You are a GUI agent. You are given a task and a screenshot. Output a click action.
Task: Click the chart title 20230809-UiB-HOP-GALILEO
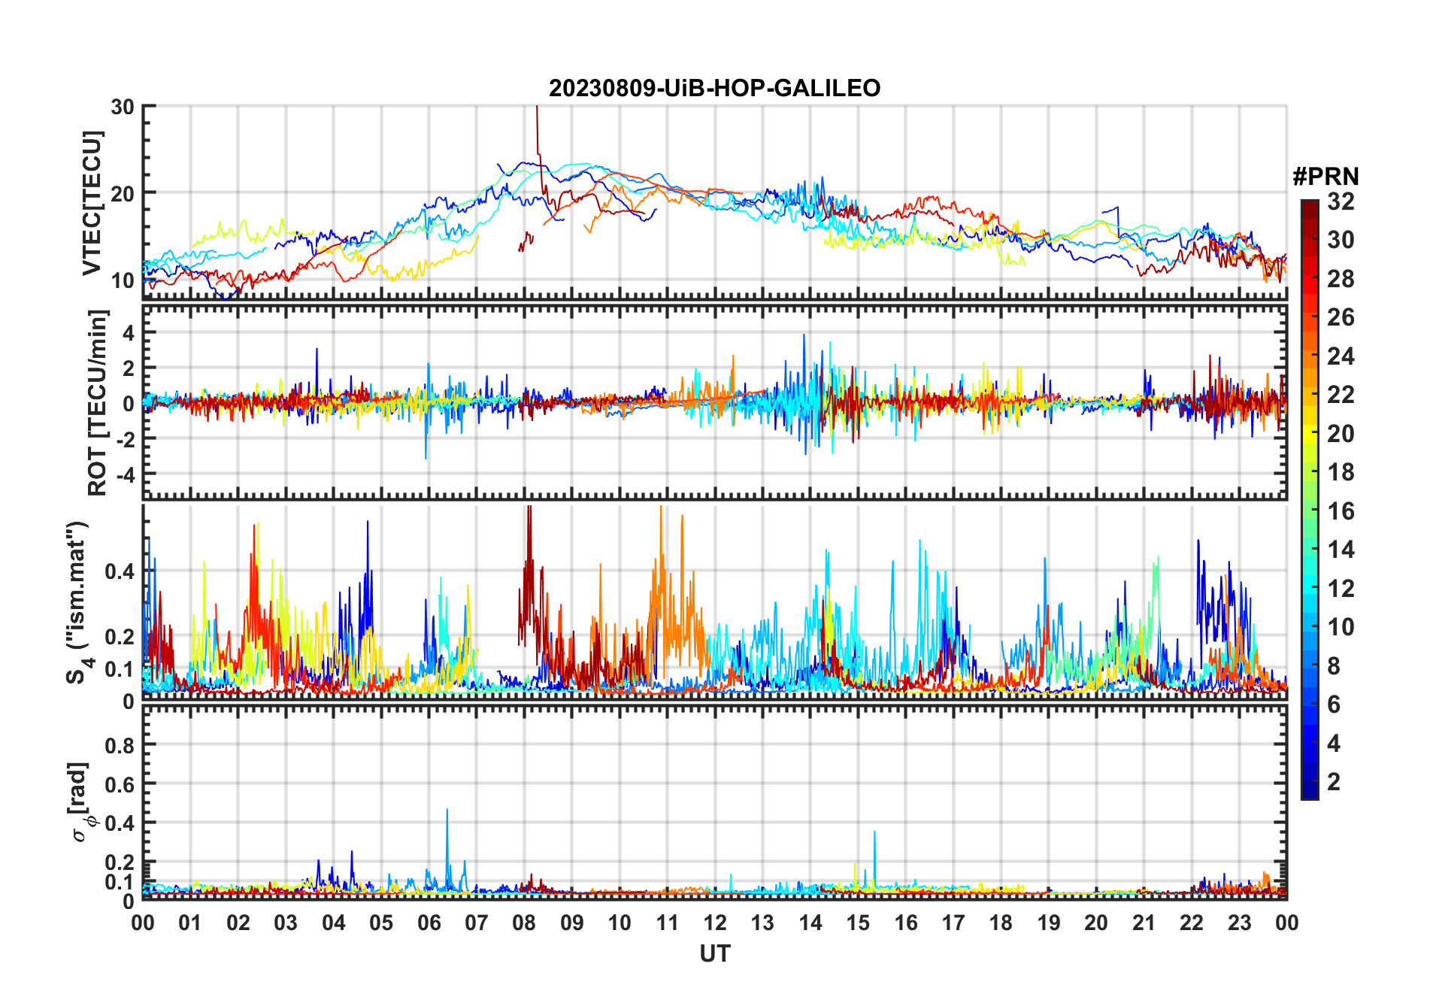[x=714, y=89]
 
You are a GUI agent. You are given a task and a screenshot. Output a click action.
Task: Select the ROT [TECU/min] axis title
[x=98, y=402]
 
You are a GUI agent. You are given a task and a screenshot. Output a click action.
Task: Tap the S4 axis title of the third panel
[x=78, y=602]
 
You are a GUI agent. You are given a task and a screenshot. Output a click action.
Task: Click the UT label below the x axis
[x=714, y=954]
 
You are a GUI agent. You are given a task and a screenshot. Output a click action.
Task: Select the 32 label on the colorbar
[x=1341, y=202]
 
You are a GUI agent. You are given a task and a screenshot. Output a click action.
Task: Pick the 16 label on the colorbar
[x=1341, y=511]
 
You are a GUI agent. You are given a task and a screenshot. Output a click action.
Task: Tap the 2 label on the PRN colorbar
[x=1334, y=782]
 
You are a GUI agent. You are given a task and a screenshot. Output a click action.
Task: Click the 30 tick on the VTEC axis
[x=123, y=107]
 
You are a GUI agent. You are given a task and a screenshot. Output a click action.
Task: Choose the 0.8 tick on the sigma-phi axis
[x=120, y=745]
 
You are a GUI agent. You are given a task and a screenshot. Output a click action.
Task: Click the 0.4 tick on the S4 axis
[x=120, y=571]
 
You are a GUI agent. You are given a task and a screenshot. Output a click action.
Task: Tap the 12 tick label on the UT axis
[x=714, y=923]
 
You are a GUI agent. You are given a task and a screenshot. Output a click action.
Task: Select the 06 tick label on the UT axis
[x=429, y=923]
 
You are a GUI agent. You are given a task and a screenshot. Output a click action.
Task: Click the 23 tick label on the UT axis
[x=1239, y=923]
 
